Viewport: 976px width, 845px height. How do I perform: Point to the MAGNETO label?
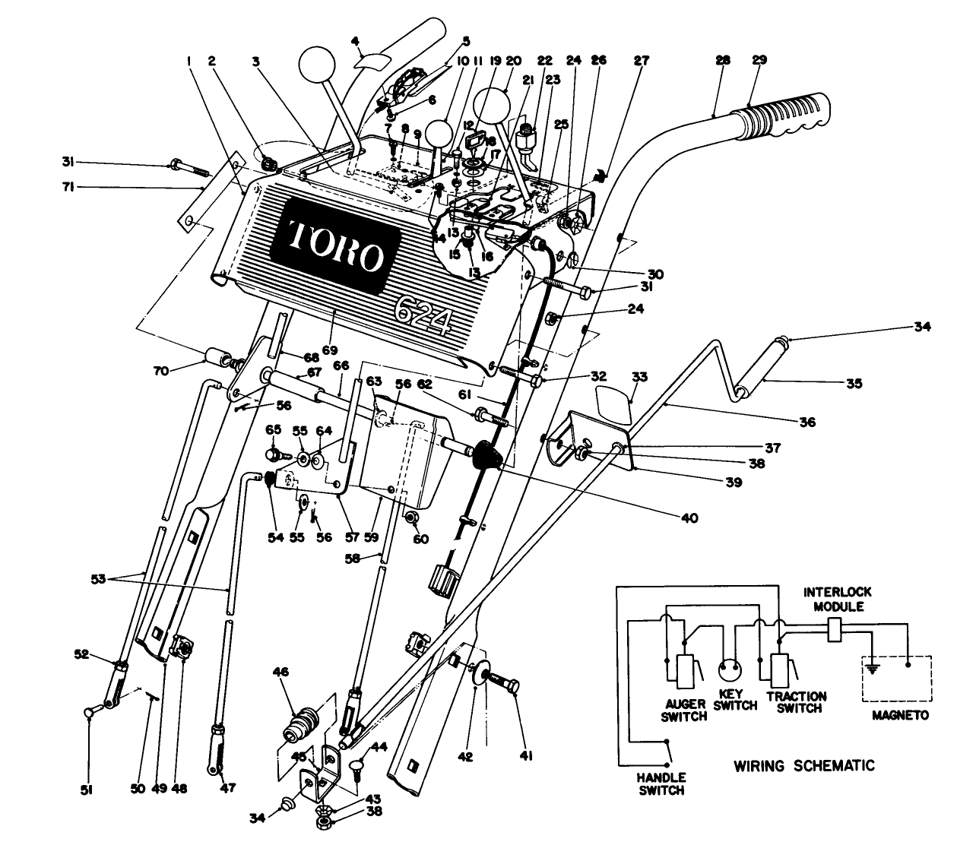click(x=901, y=716)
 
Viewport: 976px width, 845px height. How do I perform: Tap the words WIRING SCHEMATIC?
click(x=803, y=765)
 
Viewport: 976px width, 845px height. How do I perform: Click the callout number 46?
click(x=282, y=673)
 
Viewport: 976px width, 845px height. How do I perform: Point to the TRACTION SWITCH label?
click(x=796, y=702)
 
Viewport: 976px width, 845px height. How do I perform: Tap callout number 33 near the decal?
click(x=639, y=376)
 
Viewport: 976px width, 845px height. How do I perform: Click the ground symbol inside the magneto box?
click(x=874, y=669)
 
